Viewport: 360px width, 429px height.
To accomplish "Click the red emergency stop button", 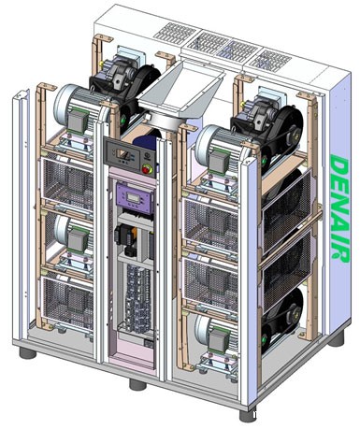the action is [146, 169].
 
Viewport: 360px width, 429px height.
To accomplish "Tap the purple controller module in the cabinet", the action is [135, 199].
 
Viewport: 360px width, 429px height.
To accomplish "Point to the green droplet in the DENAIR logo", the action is [336, 256].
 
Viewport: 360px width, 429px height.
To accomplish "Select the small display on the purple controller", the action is [133, 197].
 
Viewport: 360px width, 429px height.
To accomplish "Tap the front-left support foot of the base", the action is [27, 353].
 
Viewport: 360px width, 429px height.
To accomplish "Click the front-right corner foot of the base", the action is [248, 415].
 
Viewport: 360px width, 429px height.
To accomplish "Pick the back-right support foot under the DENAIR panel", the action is [336, 339].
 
